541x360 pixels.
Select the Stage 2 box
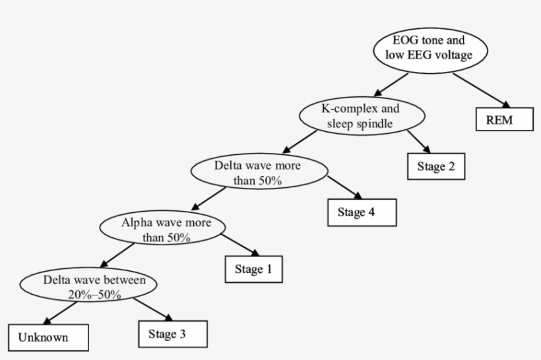point(435,166)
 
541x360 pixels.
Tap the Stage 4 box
point(362,212)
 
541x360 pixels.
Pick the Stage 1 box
point(254,269)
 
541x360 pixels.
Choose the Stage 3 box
point(173,334)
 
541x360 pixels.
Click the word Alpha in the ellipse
point(135,222)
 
